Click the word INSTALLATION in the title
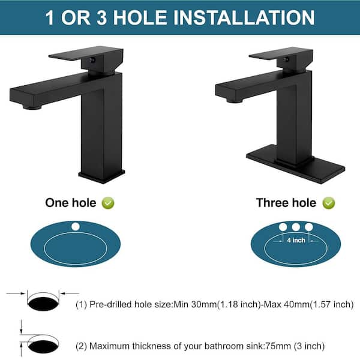pyautogui.click(x=244, y=17)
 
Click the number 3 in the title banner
pyautogui.click(x=102, y=17)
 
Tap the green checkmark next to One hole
pyautogui.click(x=108, y=203)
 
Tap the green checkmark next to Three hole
pyautogui.click(x=329, y=203)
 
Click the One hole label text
pyautogui.click(x=71, y=203)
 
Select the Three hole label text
pyautogui.click(x=286, y=203)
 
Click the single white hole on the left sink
pyautogui.click(x=76, y=227)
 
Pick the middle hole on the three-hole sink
pyautogui.click(x=296, y=227)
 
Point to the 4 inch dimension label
pyautogui.click(x=296, y=240)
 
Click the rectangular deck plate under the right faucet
pyautogui.click(x=295, y=164)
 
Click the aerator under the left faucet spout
pyautogui.click(x=32, y=107)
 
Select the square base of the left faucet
pyautogui.click(x=102, y=176)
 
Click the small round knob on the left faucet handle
pyautogui.click(x=92, y=60)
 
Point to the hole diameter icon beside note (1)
pyautogui.click(x=43, y=301)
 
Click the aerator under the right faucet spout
pyautogui.click(x=234, y=101)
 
